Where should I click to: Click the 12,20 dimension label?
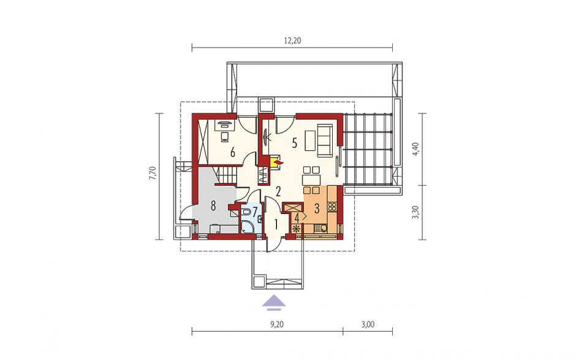point(292,41)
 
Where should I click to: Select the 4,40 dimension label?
point(416,149)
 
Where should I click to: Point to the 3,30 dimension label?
point(416,212)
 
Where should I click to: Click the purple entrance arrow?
point(274,302)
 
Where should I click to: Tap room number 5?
point(294,143)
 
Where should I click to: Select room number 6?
point(232,152)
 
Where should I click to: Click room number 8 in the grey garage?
point(213,206)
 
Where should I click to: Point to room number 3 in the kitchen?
point(317,208)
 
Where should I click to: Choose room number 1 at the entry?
point(276,223)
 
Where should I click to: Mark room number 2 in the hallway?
point(278,191)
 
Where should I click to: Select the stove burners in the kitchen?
point(332,207)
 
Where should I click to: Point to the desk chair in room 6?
point(224,137)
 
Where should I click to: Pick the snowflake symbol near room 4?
point(296,228)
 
